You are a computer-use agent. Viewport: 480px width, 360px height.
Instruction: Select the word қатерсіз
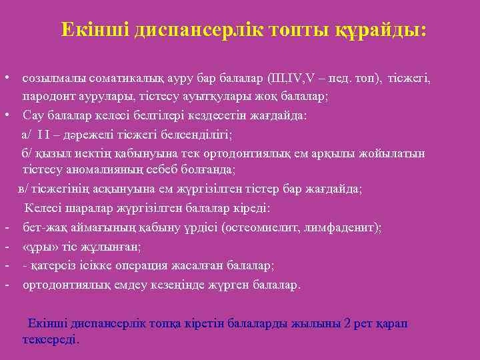[x=53, y=265]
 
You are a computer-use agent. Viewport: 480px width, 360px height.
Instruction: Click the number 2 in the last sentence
[x=347, y=323]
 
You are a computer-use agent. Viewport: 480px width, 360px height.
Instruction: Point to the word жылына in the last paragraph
[x=317, y=323]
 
